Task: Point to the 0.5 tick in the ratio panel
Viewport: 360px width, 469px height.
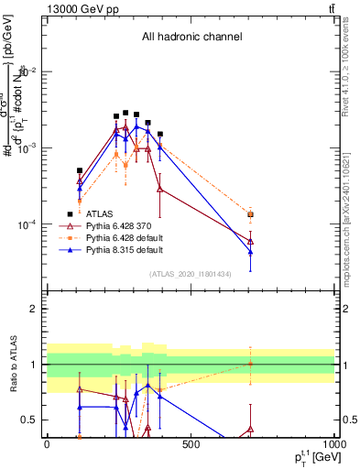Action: (x=33, y=420)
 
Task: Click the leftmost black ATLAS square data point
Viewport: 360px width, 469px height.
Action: (x=80, y=170)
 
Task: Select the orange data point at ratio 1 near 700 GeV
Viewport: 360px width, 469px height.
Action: (x=250, y=365)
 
